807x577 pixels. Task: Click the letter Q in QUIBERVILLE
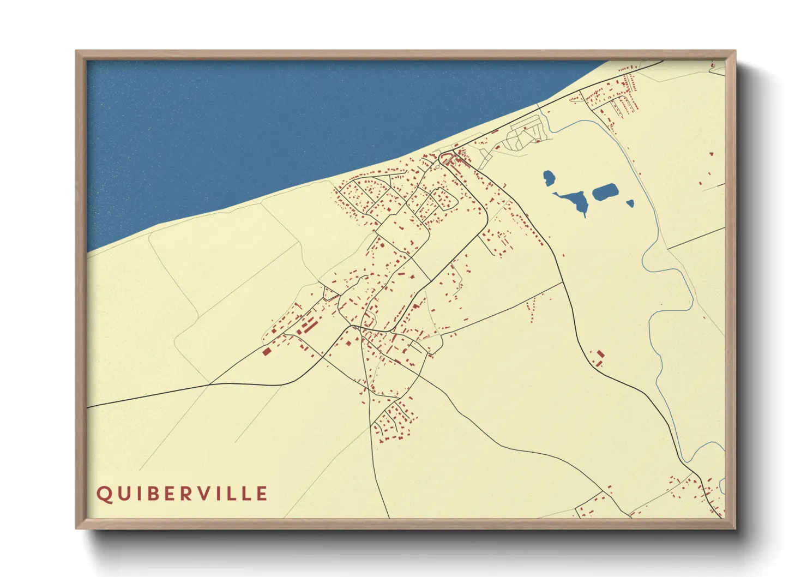click(x=104, y=494)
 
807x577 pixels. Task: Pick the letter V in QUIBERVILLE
click(x=208, y=494)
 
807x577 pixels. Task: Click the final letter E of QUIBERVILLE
click(x=262, y=494)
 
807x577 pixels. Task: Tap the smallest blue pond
click(x=630, y=203)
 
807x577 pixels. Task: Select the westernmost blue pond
click(x=549, y=178)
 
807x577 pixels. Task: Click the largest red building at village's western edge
click(x=267, y=351)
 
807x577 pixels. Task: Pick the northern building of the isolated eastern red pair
click(x=601, y=354)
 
